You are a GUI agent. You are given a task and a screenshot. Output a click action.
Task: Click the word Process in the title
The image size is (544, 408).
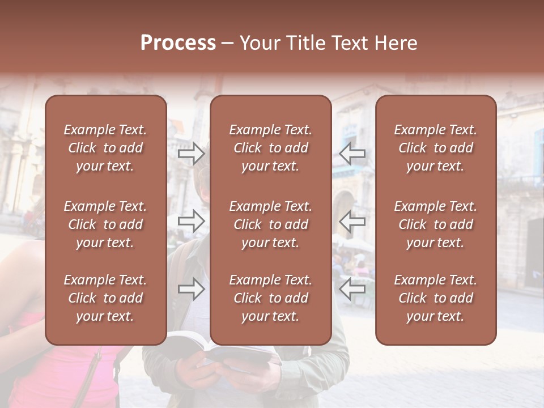coord(178,43)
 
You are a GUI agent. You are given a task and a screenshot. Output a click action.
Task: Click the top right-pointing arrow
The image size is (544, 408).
coord(192,153)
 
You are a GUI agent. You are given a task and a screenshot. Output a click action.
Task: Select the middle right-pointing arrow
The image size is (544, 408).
coord(192,221)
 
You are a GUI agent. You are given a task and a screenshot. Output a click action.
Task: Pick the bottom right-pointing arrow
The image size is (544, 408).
coord(192,289)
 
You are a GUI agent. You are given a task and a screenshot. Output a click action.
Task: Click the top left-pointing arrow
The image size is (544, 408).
coord(352,153)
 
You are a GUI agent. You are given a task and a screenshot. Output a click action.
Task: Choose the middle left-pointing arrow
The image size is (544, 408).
coord(352,221)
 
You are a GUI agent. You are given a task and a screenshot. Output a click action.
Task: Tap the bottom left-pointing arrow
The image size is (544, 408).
coord(352,289)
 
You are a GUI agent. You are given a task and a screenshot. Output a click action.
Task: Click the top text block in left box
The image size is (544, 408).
coord(105,148)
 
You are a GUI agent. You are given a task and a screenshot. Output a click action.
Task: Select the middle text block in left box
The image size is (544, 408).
coord(105,224)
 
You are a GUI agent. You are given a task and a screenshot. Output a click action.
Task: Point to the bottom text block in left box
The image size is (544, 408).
coord(105,298)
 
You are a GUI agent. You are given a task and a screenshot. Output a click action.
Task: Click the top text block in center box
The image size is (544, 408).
coord(271,148)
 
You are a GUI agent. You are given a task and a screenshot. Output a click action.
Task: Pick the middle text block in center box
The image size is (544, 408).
coord(271,224)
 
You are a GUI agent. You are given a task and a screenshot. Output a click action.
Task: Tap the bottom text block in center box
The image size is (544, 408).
coord(271,298)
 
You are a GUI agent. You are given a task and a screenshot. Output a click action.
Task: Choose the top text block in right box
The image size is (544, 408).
coord(436,148)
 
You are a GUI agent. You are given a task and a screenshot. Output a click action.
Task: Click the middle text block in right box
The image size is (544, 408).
coord(436,224)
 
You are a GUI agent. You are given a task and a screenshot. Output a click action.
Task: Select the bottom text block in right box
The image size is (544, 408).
coord(436,298)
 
